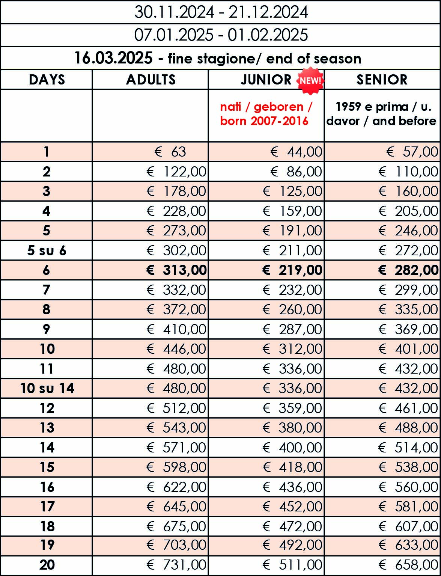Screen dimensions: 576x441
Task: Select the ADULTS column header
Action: coord(151,80)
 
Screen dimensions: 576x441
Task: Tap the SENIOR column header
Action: coord(382,80)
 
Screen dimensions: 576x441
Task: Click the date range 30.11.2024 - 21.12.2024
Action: coord(221,12)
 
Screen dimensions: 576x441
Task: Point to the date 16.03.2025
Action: coord(113,58)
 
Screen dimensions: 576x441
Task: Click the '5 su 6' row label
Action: coord(47,250)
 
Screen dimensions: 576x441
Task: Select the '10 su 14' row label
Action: coord(47,388)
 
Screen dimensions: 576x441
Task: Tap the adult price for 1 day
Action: coord(170,152)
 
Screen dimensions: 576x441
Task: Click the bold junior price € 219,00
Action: coord(292,270)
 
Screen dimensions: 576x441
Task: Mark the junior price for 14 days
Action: coord(292,447)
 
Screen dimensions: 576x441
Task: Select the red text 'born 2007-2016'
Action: coord(264,121)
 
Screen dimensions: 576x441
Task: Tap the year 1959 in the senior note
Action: coord(348,107)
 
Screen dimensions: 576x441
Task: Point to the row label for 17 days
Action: coord(47,507)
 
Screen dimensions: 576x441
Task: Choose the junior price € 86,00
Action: coord(296,172)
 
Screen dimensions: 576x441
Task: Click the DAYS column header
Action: coord(47,80)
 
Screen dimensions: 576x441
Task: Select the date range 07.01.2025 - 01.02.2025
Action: coord(221,35)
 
